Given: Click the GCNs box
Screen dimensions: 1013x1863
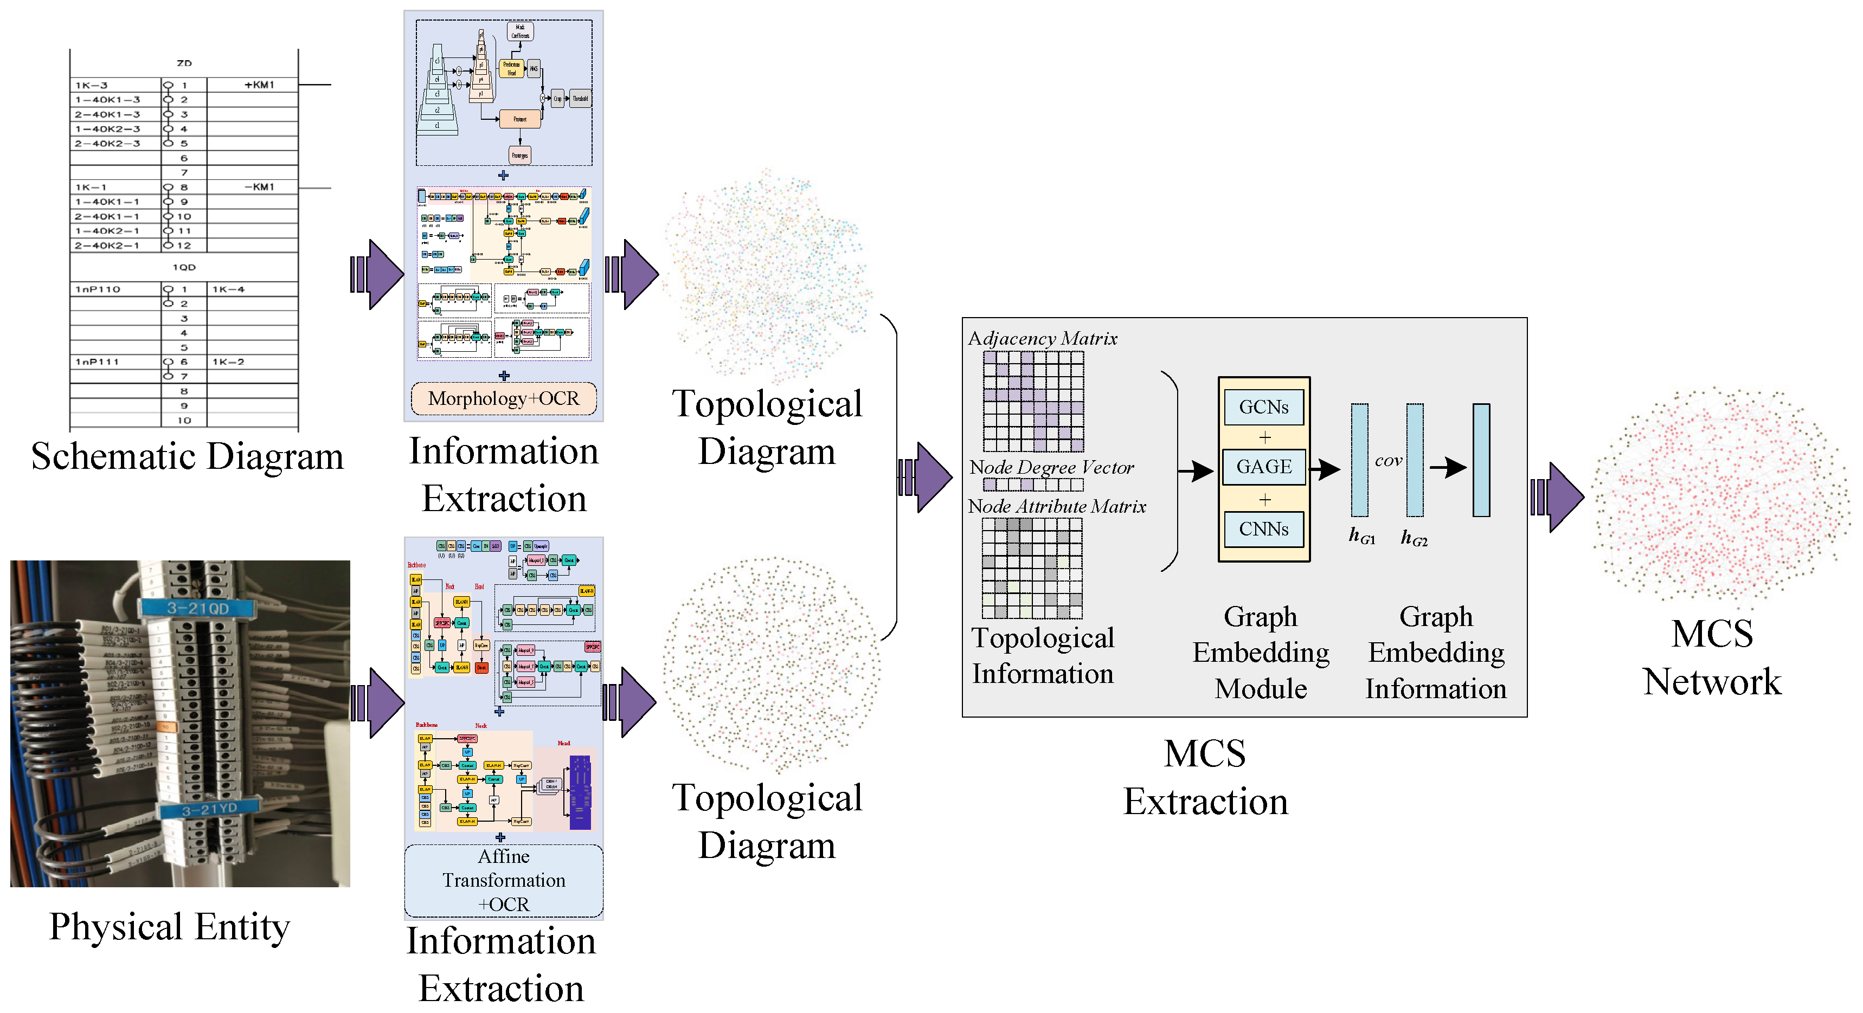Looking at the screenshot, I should click(x=1263, y=407).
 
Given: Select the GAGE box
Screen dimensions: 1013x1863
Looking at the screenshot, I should click(x=1263, y=467).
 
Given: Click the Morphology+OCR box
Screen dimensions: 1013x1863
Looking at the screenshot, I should click(x=503, y=398).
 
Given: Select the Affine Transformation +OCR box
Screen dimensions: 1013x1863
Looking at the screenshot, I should click(x=503, y=880).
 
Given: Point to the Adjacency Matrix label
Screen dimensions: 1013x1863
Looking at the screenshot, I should click(x=1042, y=338).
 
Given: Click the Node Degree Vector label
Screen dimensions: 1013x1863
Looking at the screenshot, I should click(x=1051, y=468).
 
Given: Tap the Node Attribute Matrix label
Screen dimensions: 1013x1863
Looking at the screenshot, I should click(x=1057, y=506).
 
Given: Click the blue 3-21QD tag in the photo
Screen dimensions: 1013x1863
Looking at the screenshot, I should click(x=197, y=608).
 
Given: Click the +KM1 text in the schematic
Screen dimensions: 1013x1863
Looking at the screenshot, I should click(x=259, y=85).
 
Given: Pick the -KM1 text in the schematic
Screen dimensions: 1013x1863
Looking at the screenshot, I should click(x=259, y=186).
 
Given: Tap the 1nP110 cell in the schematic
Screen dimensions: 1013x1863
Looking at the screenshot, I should click(x=98, y=289).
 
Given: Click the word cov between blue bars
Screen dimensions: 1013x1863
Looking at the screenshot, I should click(x=1388, y=461).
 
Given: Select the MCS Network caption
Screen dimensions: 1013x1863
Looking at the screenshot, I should click(x=1712, y=657).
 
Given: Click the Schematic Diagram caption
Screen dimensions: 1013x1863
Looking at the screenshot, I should click(x=187, y=457).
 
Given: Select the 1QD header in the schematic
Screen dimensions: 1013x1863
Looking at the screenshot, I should click(x=184, y=267).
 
